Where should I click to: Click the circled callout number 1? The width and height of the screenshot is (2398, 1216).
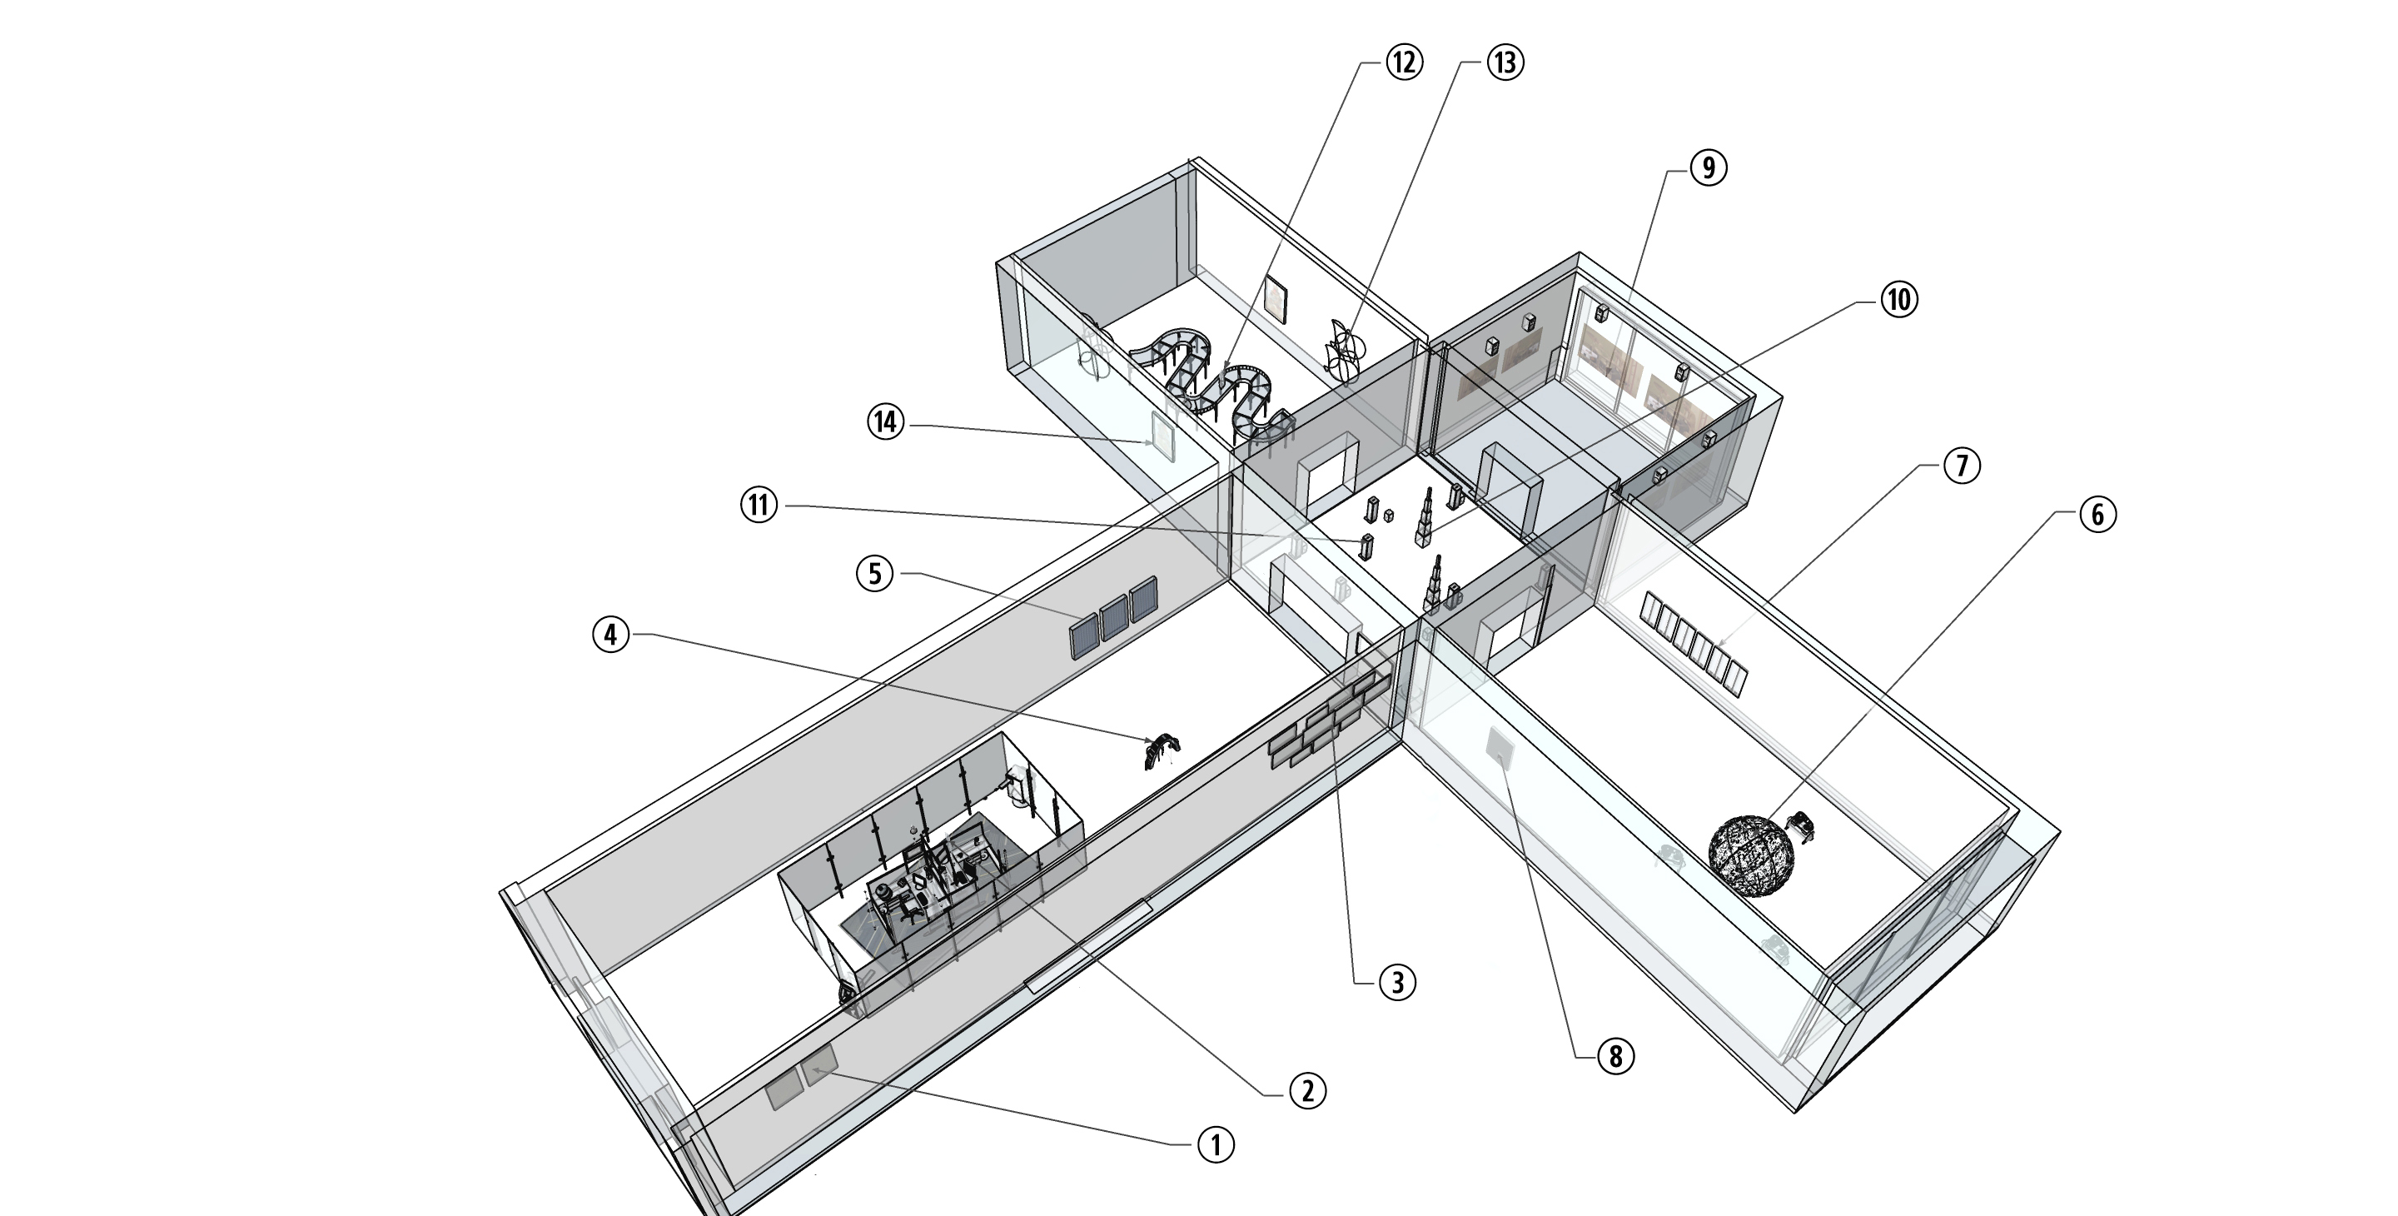1215,1144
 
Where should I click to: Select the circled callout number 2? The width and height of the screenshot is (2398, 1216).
1307,1090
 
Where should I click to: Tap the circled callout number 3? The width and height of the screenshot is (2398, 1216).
1397,981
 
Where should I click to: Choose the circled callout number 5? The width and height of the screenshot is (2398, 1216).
874,575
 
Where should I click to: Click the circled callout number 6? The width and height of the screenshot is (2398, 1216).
2097,515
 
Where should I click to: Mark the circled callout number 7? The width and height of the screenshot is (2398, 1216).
1962,465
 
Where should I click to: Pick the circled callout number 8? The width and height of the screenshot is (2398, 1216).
1615,1056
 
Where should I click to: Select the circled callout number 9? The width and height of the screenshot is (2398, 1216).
1707,168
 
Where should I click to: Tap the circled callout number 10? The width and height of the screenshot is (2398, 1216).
1898,300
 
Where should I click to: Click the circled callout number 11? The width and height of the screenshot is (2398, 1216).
759,506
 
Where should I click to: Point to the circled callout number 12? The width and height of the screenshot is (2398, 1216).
1404,62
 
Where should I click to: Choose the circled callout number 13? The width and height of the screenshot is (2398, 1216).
1505,62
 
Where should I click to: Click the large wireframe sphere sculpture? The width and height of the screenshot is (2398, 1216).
1751,855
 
